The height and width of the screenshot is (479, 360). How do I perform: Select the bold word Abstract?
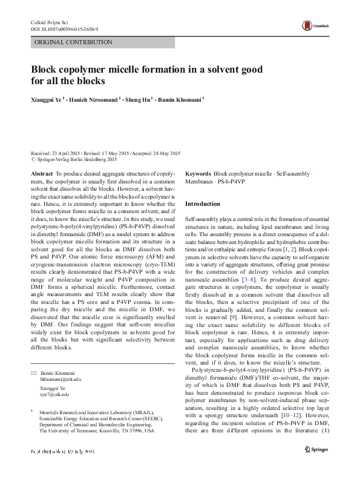tap(42, 173)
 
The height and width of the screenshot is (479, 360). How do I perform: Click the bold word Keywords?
tap(198, 173)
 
